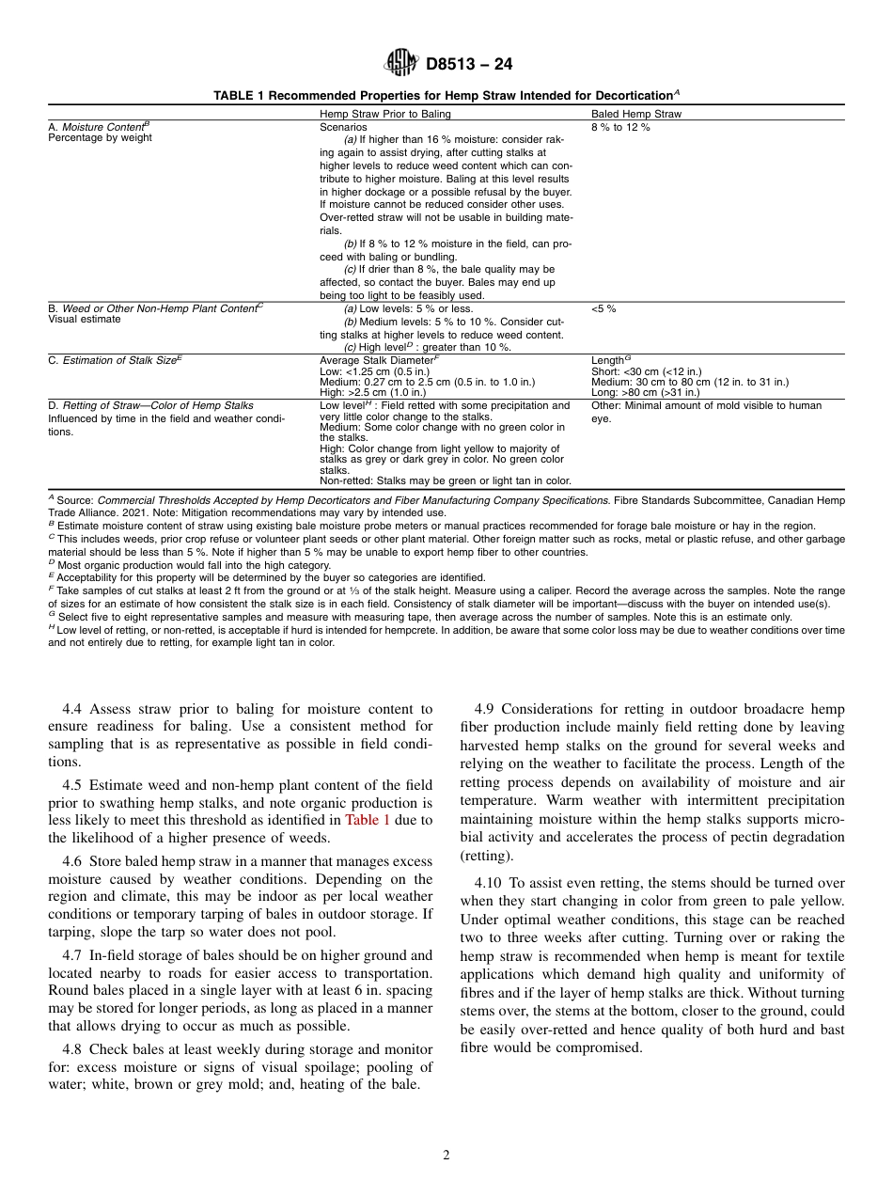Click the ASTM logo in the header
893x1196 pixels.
(401, 64)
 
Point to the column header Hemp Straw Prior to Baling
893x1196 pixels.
(385, 114)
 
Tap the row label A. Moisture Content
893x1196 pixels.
(98, 126)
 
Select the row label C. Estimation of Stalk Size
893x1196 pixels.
(114, 360)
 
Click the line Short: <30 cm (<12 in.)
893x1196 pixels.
(646, 371)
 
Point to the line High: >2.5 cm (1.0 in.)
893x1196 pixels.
(372, 392)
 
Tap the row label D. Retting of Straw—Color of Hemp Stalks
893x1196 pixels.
(150, 406)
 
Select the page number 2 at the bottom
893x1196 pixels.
(446, 1156)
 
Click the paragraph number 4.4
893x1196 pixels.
(74, 709)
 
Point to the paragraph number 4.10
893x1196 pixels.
(490, 883)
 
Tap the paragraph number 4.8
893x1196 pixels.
(74, 1049)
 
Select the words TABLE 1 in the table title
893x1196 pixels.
(241, 95)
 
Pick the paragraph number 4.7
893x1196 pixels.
(74, 954)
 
